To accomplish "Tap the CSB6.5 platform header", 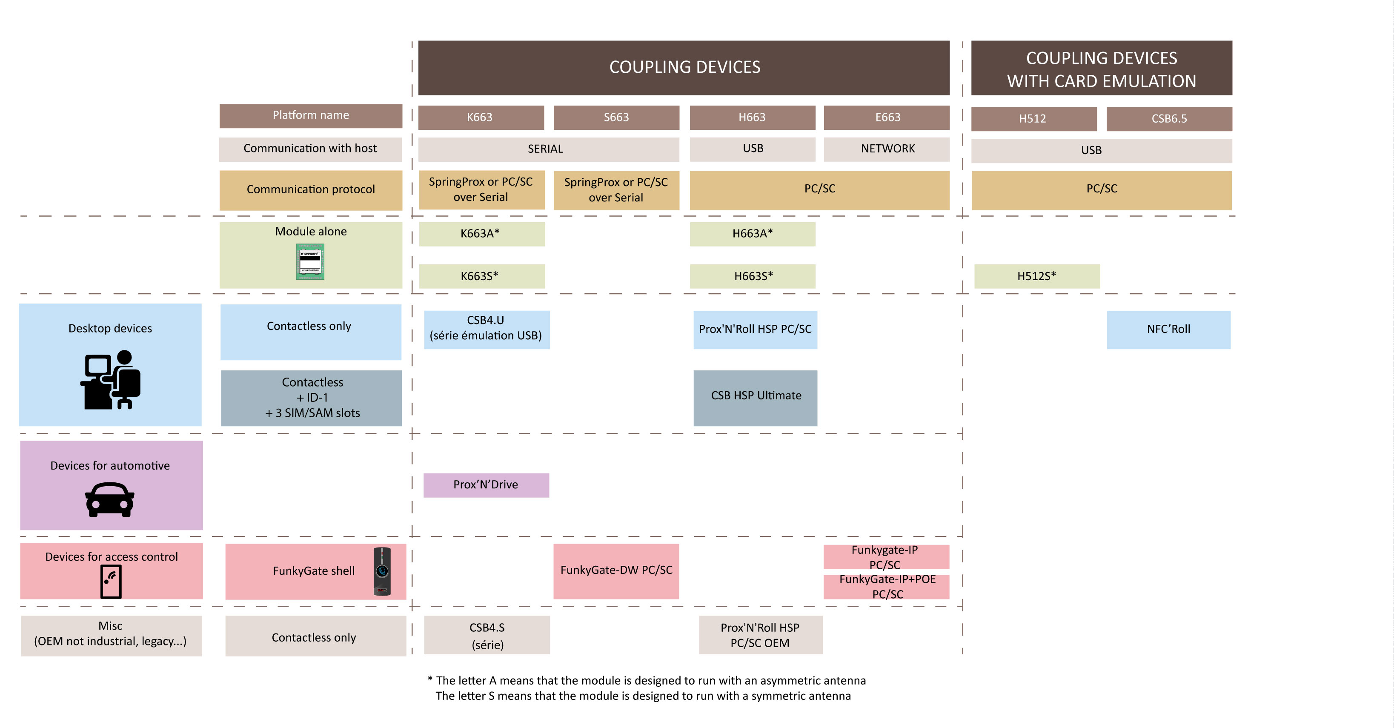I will [x=1168, y=118].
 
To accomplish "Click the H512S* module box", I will [x=1036, y=276].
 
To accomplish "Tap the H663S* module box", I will [x=752, y=276].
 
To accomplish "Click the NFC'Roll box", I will [x=1168, y=329].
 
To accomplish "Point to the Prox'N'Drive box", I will [x=485, y=485].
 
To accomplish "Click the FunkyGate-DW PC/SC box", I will [x=616, y=570].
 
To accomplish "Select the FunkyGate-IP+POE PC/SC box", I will [x=886, y=587].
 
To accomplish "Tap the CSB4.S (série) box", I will [x=487, y=636].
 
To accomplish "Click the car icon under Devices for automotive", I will [x=110, y=500].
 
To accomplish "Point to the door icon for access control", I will [x=111, y=581].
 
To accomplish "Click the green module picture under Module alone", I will [x=310, y=261].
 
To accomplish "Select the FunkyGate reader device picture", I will [x=382, y=571].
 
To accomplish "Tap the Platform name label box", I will [x=311, y=116].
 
